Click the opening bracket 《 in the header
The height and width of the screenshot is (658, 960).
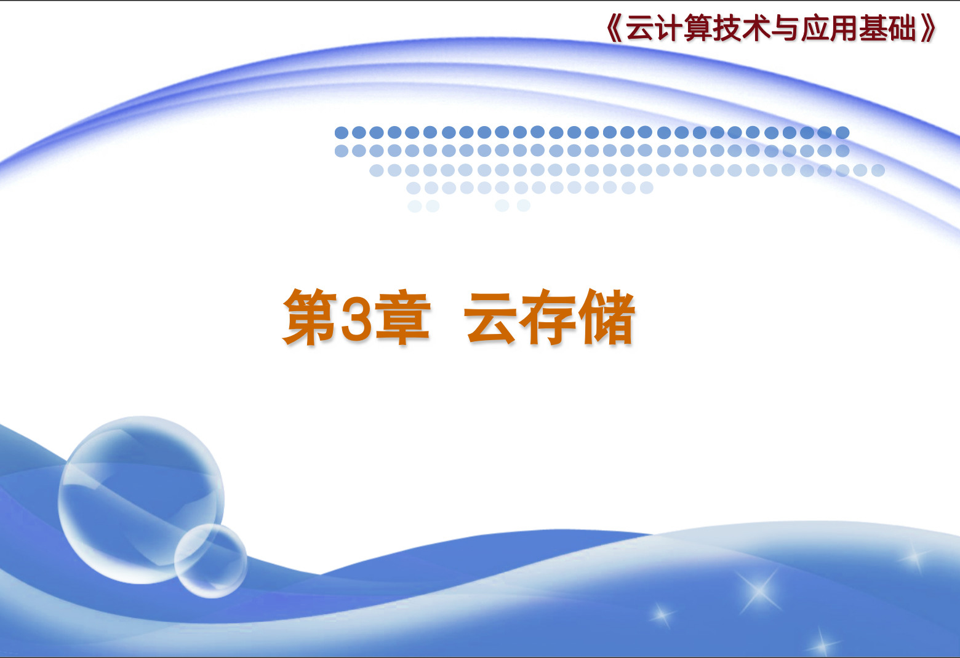coord(614,29)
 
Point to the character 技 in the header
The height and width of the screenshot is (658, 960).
coord(728,29)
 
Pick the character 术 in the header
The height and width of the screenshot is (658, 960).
coord(757,29)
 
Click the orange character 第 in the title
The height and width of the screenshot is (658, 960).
coord(310,317)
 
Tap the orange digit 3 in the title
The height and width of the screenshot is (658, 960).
coord(356,319)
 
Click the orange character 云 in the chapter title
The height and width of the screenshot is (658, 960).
coord(491,318)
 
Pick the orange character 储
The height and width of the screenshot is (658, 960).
coord(606,317)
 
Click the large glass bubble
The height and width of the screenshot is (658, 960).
coord(141,499)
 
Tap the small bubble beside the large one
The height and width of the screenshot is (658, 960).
coord(210,561)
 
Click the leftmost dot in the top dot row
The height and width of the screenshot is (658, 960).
coord(341,132)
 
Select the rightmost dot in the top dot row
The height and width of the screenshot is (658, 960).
coord(842,132)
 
